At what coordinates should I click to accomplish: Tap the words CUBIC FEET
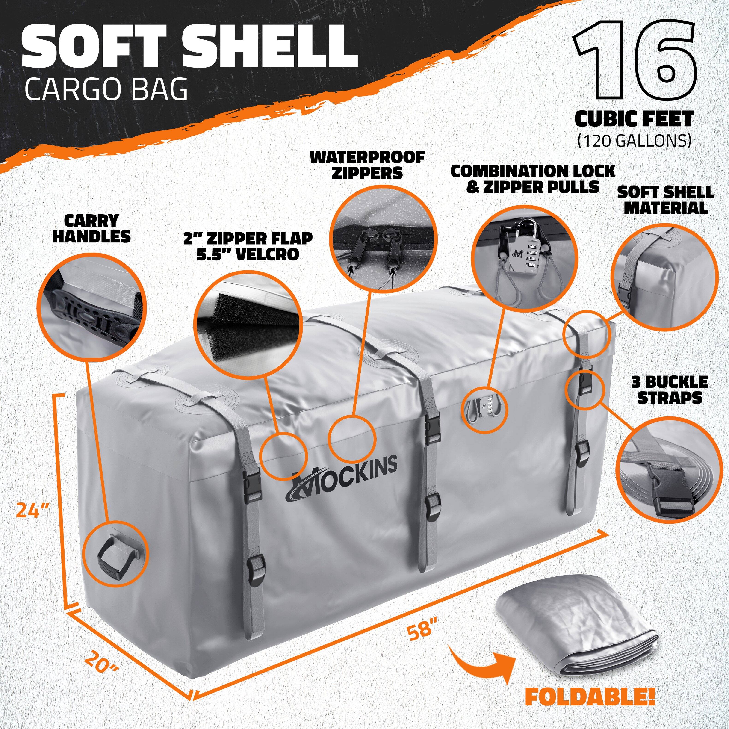click(634, 119)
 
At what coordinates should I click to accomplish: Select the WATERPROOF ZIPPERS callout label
click(367, 165)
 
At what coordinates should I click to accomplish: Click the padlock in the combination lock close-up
click(525, 253)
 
